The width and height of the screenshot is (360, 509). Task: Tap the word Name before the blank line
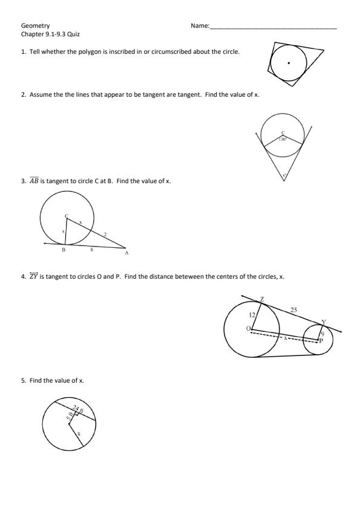point(199,26)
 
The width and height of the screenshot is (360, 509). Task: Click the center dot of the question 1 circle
point(289,63)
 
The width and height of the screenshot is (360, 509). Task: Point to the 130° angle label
point(283,139)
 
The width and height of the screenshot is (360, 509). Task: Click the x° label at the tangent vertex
point(283,177)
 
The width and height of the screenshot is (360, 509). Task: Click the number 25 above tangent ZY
point(293,310)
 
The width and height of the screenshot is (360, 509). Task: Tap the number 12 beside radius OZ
point(252,315)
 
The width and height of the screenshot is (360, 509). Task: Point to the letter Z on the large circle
point(262,300)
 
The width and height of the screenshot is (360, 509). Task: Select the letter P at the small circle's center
point(321,341)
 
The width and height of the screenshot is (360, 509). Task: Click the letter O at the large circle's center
point(247,328)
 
